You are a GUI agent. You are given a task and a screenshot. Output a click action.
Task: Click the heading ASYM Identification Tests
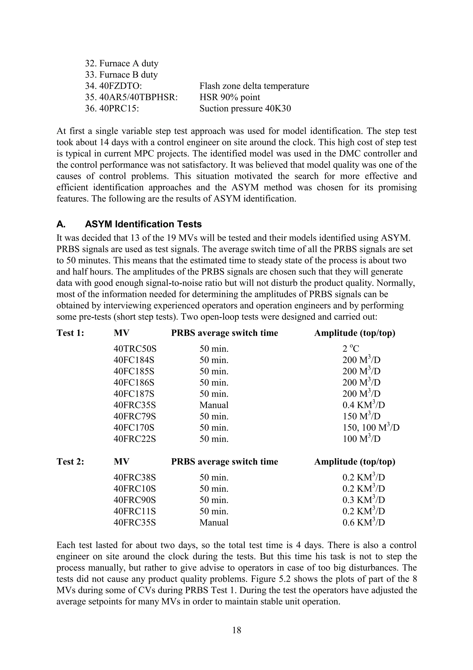[143, 224]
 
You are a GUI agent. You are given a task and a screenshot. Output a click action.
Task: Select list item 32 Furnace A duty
[121, 63]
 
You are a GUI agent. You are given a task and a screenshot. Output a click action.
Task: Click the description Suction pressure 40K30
[245, 109]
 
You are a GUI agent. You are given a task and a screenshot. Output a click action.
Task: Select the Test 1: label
[70, 333]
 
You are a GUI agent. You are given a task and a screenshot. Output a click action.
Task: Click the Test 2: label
[70, 462]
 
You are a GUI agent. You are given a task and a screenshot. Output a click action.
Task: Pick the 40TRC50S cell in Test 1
[135, 349]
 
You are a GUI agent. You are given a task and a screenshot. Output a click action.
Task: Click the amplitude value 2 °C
[351, 349]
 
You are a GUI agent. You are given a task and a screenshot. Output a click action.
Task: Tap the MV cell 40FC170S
[134, 428]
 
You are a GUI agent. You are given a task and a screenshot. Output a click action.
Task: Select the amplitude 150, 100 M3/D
[371, 428]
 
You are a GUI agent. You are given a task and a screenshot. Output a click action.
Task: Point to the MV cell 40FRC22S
[135, 439]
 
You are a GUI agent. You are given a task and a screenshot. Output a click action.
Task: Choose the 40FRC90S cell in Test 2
[135, 500]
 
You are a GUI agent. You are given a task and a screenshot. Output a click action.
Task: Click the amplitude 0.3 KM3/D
[364, 500]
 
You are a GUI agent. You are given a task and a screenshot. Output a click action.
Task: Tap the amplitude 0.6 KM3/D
[364, 523]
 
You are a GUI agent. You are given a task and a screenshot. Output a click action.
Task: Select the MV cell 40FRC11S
[135, 511]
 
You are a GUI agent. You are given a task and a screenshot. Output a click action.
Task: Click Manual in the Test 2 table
[214, 523]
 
